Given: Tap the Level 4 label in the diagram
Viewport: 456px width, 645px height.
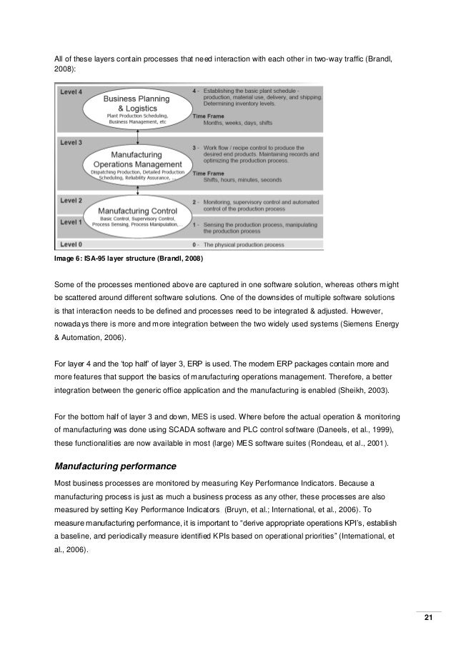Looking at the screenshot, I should (70, 93).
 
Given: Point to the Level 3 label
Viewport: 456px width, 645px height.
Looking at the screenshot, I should (70, 143).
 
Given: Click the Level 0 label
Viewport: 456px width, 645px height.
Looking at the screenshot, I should (70, 244).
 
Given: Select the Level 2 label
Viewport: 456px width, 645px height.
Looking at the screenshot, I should (70, 201).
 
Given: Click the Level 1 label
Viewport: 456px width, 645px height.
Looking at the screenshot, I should (70, 223).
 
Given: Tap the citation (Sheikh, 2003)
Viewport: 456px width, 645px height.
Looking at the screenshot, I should (362, 391).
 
